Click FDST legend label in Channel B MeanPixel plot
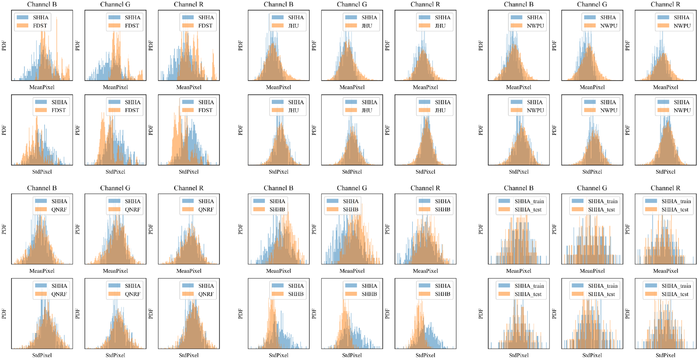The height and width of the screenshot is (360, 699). click(40, 26)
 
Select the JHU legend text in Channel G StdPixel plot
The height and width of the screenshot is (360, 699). click(367, 110)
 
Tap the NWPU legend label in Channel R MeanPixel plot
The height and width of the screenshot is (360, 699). click(682, 26)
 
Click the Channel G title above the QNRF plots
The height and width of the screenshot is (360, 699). click(115, 188)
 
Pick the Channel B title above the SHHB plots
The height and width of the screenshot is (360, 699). click(278, 188)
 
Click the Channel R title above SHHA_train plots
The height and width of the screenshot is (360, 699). click(665, 188)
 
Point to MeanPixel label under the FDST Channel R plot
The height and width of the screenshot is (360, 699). click(188, 87)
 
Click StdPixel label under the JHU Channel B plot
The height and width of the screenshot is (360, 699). click(278, 172)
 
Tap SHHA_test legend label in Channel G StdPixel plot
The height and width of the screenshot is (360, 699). click(602, 294)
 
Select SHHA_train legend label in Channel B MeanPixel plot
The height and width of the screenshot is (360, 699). click(529, 201)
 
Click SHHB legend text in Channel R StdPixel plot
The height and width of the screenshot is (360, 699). click(442, 294)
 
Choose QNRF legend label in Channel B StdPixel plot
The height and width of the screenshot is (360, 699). click(59, 294)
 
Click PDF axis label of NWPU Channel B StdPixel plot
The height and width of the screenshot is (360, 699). click(481, 130)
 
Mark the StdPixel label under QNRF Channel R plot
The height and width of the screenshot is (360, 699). click(188, 355)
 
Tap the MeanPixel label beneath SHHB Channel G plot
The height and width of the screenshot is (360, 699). click(352, 271)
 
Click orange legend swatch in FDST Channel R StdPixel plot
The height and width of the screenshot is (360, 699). click(188, 110)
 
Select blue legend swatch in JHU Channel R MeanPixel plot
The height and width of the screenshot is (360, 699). click(424, 18)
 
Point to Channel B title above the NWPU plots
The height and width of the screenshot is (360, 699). click(518, 4)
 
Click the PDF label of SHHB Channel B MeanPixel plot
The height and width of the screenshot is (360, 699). click(240, 229)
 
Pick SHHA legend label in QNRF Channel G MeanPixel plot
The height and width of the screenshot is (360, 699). click(132, 201)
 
